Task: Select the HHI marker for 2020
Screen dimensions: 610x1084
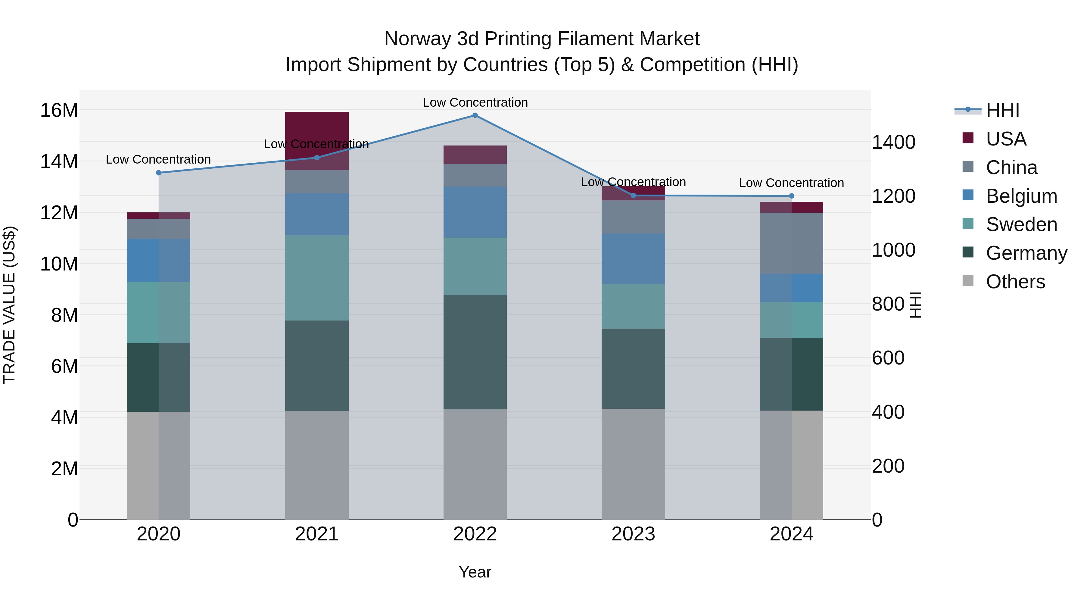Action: [x=159, y=173]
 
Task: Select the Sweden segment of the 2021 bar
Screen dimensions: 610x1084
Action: [x=316, y=278]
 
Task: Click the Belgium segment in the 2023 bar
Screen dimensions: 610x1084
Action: [x=633, y=258]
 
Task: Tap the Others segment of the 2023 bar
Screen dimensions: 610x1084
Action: [x=633, y=464]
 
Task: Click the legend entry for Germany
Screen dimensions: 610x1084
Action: [x=1026, y=253]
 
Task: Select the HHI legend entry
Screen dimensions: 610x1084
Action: [x=1002, y=110]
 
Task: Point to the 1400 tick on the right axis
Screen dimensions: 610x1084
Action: [x=893, y=142]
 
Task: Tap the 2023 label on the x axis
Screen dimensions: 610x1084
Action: [x=633, y=534]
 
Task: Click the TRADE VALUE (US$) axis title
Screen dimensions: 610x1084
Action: [x=9, y=305]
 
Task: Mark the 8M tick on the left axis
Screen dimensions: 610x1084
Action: [x=64, y=315]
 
